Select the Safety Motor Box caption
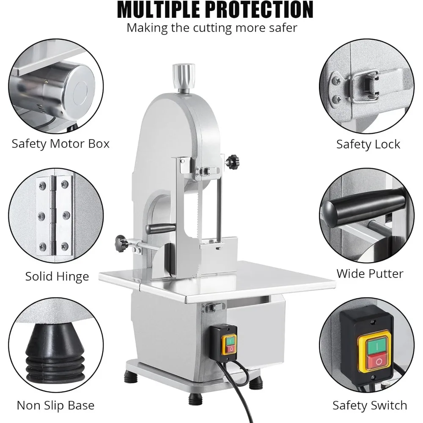click(60, 143)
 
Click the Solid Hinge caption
click(57, 277)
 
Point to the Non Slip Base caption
click(55, 405)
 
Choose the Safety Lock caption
click(368, 144)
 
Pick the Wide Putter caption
click(370, 273)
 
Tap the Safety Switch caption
click(370, 405)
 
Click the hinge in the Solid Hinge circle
click(54, 216)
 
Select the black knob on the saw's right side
click(231, 161)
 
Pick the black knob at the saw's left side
click(120, 243)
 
